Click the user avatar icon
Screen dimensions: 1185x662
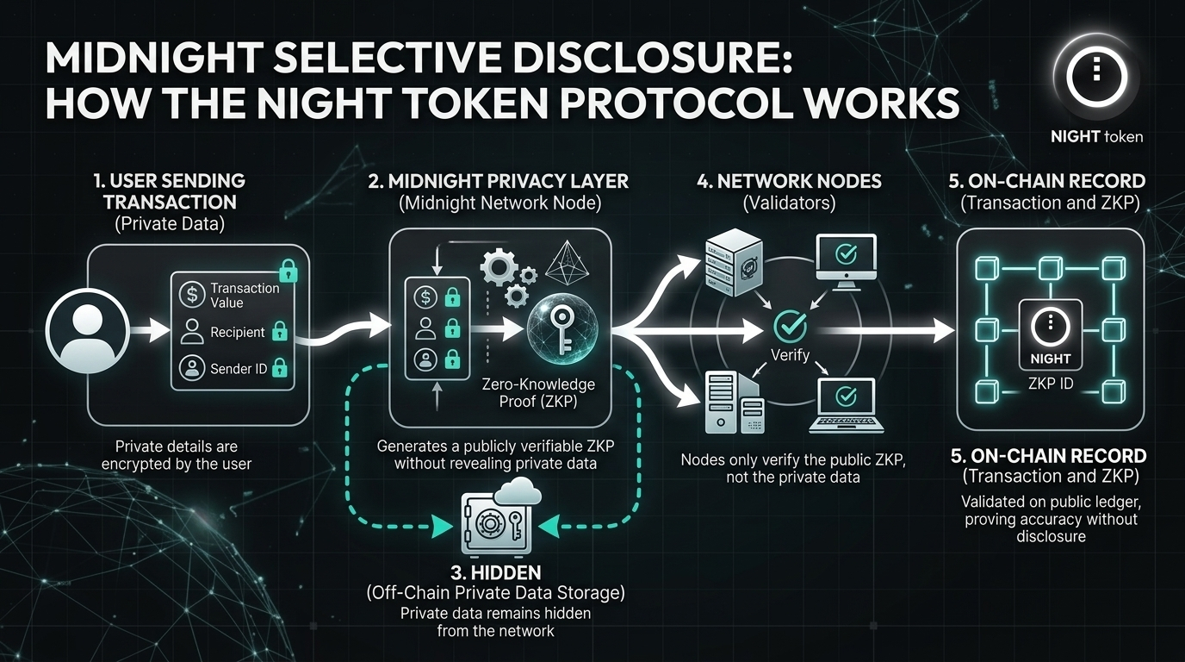coord(85,332)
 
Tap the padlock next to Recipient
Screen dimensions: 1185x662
coord(279,331)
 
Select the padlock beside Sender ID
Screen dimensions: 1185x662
coord(278,369)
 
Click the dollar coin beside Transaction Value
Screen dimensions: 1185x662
coord(190,294)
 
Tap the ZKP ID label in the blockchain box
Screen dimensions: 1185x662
coord(1051,384)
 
